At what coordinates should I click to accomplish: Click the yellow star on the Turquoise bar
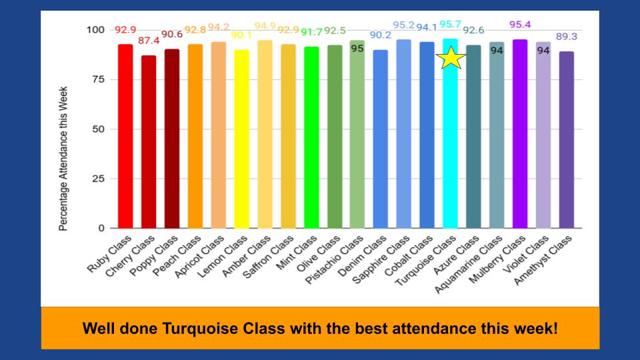(451, 58)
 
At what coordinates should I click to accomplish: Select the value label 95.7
(451, 25)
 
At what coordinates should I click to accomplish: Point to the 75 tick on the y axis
(97, 79)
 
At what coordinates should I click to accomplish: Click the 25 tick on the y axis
(97, 179)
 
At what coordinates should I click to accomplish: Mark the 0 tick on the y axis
(101, 228)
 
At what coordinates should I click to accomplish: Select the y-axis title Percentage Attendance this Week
(63, 159)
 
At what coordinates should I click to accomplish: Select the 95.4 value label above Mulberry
(520, 25)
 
